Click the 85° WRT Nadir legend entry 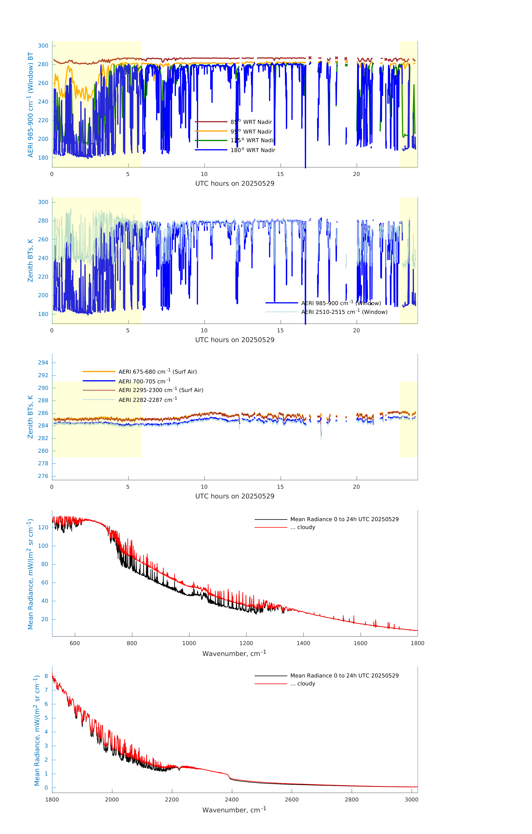[251, 122]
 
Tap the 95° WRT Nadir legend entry [251, 132]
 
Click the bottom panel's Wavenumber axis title [234, 810]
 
